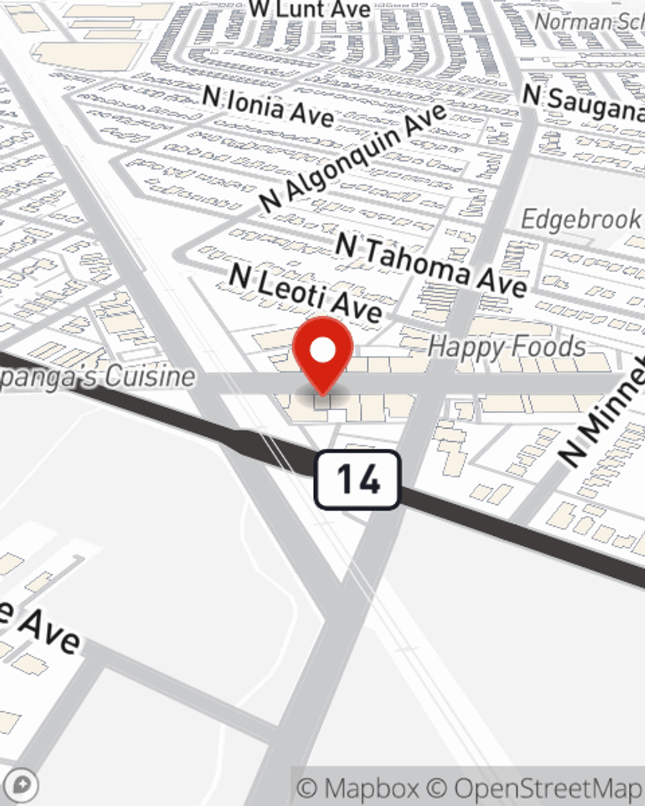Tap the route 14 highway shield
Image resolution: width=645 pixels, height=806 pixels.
click(357, 480)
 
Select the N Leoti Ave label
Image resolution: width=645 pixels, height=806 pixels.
click(306, 293)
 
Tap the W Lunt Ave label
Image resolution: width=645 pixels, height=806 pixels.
click(310, 9)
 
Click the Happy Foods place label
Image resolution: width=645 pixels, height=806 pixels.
click(506, 348)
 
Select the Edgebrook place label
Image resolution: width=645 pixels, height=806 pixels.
click(580, 220)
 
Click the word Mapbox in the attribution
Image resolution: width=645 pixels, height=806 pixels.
click(372, 788)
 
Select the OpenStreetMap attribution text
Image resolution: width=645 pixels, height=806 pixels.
click(547, 788)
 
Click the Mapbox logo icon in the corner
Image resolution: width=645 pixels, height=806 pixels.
click(21, 785)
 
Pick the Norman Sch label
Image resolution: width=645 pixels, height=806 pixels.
click(588, 22)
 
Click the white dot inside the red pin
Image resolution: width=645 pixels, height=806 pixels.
click(322, 351)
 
